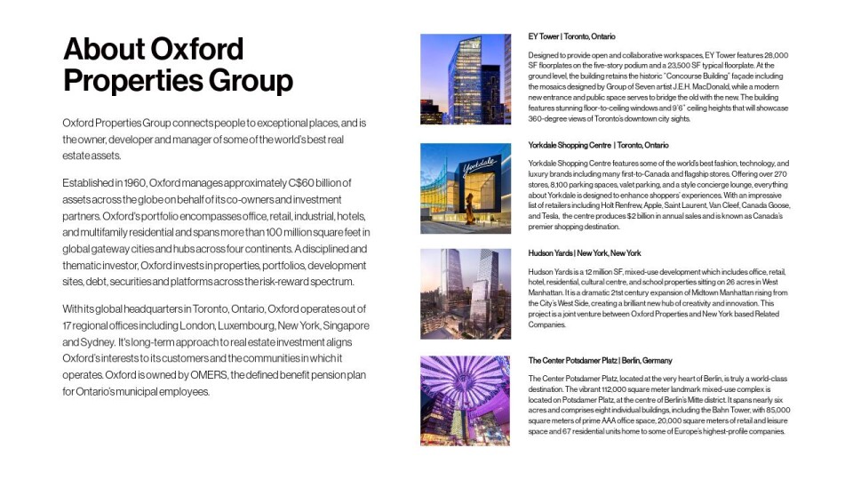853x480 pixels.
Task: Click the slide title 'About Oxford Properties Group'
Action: click(178, 64)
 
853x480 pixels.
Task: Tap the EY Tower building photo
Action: click(466, 78)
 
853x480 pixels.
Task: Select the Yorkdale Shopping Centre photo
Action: click(466, 188)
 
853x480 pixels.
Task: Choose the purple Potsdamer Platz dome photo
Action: click(466, 400)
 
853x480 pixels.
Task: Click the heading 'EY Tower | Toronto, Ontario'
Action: click(571, 36)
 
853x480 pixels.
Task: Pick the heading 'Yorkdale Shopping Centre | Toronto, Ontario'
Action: click(598, 145)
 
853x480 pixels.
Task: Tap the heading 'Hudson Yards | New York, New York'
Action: click(584, 253)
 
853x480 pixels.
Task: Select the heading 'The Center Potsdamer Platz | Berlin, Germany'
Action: click(600, 360)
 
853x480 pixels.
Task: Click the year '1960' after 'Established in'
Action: click(145, 182)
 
